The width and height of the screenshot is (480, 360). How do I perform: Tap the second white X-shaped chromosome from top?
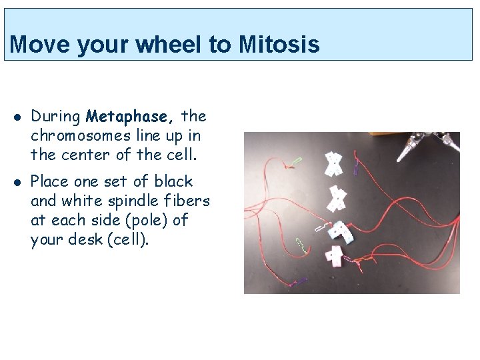(338, 197)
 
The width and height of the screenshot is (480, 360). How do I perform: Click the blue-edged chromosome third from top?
(342, 230)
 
